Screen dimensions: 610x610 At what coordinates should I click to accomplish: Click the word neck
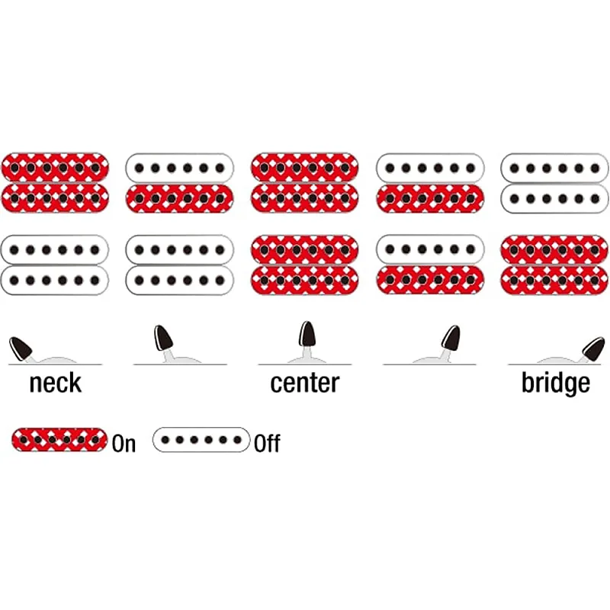click(55, 383)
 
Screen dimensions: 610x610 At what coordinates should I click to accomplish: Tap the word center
click(304, 383)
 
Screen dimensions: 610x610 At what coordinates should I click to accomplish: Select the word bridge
click(555, 383)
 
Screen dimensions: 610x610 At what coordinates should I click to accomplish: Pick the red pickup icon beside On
click(59, 440)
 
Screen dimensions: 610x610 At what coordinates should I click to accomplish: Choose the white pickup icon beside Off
click(201, 440)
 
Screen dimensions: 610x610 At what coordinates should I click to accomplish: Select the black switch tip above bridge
click(593, 348)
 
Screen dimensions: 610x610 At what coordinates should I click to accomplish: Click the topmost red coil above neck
click(55, 166)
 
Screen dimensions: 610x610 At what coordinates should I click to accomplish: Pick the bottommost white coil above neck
click(55, 279)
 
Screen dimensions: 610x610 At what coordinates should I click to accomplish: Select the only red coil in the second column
click(179, 197)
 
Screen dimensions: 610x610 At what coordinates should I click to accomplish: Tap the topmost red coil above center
click(304, 166)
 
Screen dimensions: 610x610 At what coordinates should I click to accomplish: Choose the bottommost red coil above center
click(304, 279)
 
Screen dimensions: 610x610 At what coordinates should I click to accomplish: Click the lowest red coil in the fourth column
click(429, 279)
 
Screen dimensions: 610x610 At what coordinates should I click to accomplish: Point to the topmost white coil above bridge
click(554, 166)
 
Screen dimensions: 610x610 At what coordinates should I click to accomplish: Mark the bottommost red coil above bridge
click(554, 279)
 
